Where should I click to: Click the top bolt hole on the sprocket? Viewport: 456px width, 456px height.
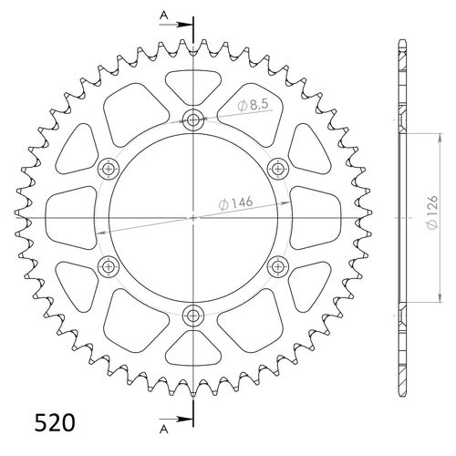point(193,119)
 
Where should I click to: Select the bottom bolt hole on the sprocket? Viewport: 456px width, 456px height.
point(193,316)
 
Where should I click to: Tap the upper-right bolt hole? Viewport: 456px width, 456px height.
point(278,168)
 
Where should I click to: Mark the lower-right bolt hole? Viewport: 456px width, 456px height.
point(278,266)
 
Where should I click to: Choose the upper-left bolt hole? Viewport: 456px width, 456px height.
point(109,168)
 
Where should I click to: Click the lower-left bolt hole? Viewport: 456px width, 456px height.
point(109,266)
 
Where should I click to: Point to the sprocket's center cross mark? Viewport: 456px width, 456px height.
point(193,218)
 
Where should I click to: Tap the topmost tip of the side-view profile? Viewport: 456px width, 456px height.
point(402,41)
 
